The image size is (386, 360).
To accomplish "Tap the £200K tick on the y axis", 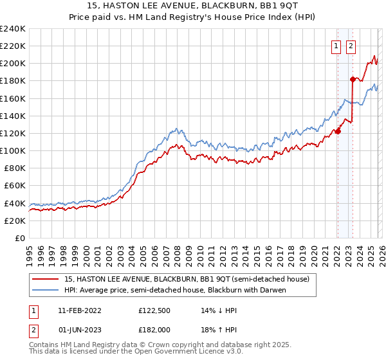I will coord(13,64).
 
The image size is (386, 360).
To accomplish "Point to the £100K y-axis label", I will coord(13,150).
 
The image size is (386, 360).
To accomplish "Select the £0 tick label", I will coord(19,238).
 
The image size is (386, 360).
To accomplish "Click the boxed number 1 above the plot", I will coord(336,46).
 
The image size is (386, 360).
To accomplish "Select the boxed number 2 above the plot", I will coord(351,46).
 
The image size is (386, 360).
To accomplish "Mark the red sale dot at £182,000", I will coord(353,79).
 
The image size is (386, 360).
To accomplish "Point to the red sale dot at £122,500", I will coord(337,131).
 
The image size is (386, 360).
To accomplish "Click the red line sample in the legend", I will coord(46,279).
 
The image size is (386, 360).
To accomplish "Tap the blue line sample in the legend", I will coord(46,290).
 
